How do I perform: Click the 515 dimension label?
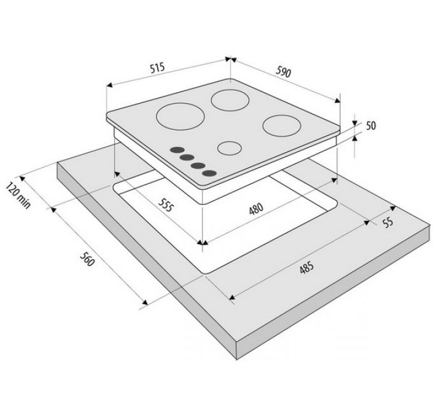pyautogui.click(x=157, y=67)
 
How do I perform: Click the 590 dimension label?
pyautogui.click(x=283, y=72)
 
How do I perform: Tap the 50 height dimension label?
pyautogui.click(x=371, y=125)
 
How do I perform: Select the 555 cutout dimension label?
pyautogui.click(x=166, y=205)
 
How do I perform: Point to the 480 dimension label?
pyautogui.click(x=256, y=209)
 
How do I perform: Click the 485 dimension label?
pyautogui.click(x=306, y=268)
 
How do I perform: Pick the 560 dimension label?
pyautogui.click(x=87, y=260)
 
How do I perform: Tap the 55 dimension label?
pyautogui.click(x=388, y=222)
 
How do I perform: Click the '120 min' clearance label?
pyautogui.click(x=18, y=195)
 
